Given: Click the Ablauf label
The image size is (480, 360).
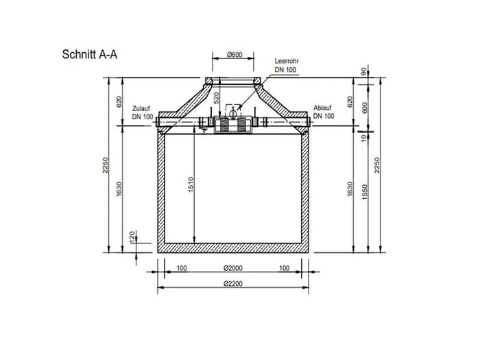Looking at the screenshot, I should click(x=323, y=108).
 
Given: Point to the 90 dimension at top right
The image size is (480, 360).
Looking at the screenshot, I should click(x=363, y=71).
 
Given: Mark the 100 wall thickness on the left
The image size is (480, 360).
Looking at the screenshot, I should click(x=182, y=268).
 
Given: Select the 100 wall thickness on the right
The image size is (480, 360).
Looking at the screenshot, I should click(x=284, y=268).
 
